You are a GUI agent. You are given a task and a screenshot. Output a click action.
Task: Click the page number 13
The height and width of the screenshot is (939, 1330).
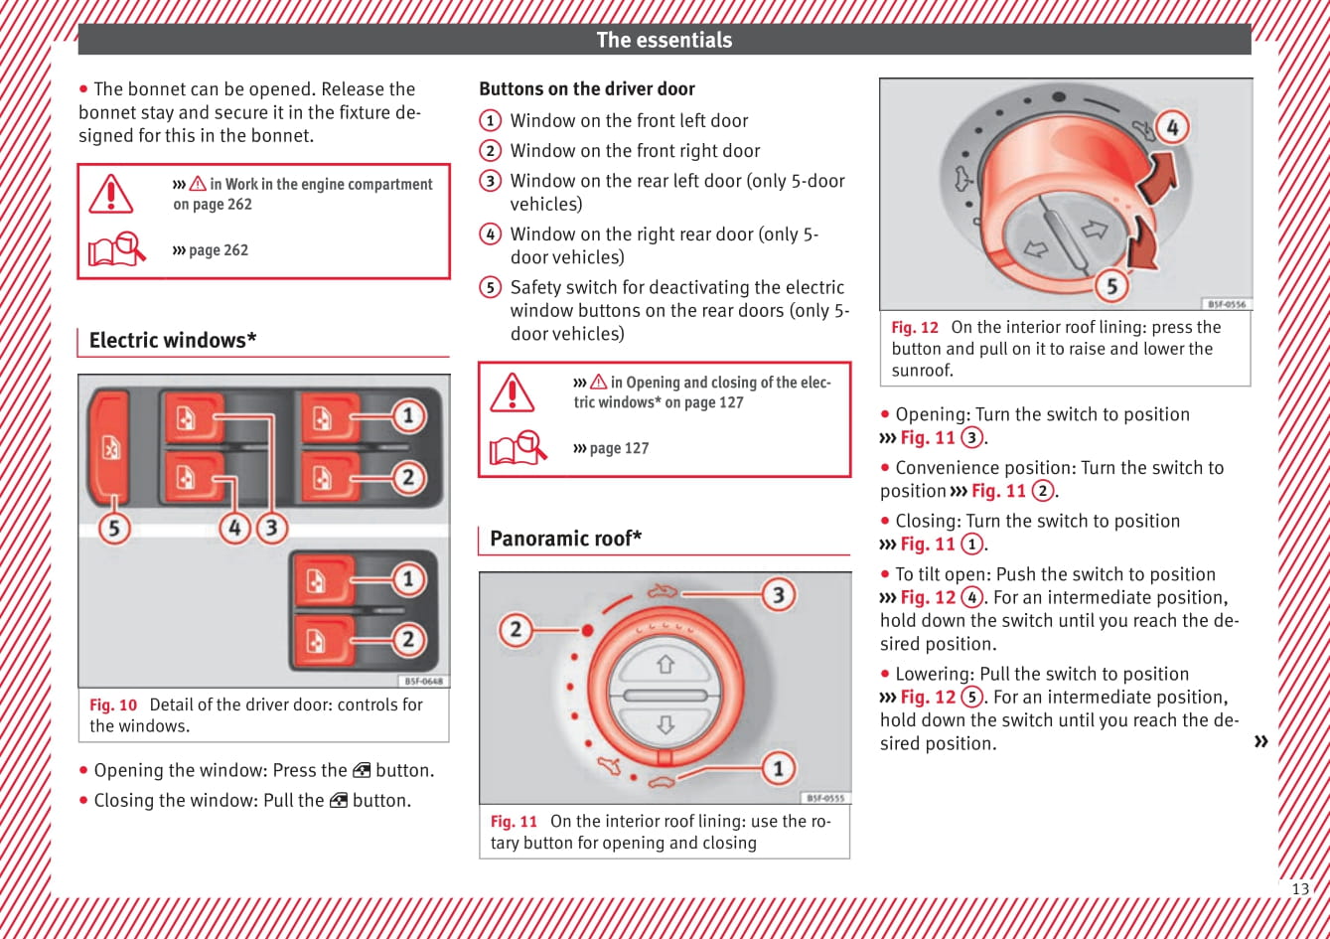click(1299, 889)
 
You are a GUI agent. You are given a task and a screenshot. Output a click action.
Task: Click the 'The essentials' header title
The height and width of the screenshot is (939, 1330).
click(664, 40)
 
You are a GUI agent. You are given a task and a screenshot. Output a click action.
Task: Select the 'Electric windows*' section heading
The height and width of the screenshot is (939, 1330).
click(173, 340)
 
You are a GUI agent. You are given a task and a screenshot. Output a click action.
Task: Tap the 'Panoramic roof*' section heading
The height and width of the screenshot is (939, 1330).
click(565, 539)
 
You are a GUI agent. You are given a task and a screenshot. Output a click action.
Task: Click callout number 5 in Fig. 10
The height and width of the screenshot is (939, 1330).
click(114, 527)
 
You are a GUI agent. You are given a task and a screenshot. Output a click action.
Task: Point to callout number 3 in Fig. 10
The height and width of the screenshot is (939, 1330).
click(271, 527)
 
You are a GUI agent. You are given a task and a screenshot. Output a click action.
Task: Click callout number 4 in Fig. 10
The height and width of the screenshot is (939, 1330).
click(235, 527)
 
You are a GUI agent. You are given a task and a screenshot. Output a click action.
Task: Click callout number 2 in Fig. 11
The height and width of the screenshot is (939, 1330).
click(516, 629)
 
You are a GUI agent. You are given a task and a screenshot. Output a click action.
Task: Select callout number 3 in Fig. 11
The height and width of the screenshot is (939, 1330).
click(779, 594)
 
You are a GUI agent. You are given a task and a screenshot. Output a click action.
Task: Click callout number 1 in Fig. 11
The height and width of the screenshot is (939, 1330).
click(779, 767)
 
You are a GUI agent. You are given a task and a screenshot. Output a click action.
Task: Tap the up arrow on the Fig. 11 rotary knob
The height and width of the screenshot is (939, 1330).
click(665, 664)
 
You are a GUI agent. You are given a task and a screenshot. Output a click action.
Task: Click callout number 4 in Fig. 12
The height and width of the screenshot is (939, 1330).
click(1172, 128)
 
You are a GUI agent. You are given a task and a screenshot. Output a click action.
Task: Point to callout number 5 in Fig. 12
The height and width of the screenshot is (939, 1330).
click(1111, 286)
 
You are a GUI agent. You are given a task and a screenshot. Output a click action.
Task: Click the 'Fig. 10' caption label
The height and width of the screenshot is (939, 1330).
click(113, 704)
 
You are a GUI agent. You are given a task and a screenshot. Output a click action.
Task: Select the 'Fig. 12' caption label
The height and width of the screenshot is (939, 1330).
click(915, 327)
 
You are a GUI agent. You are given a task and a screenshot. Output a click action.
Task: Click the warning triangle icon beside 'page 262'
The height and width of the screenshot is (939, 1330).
click(110, 194)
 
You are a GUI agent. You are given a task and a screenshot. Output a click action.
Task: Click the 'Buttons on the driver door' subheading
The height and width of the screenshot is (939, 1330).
click(586, 88)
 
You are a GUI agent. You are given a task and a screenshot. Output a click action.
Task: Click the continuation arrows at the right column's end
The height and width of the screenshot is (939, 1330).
click(1260, 741)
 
